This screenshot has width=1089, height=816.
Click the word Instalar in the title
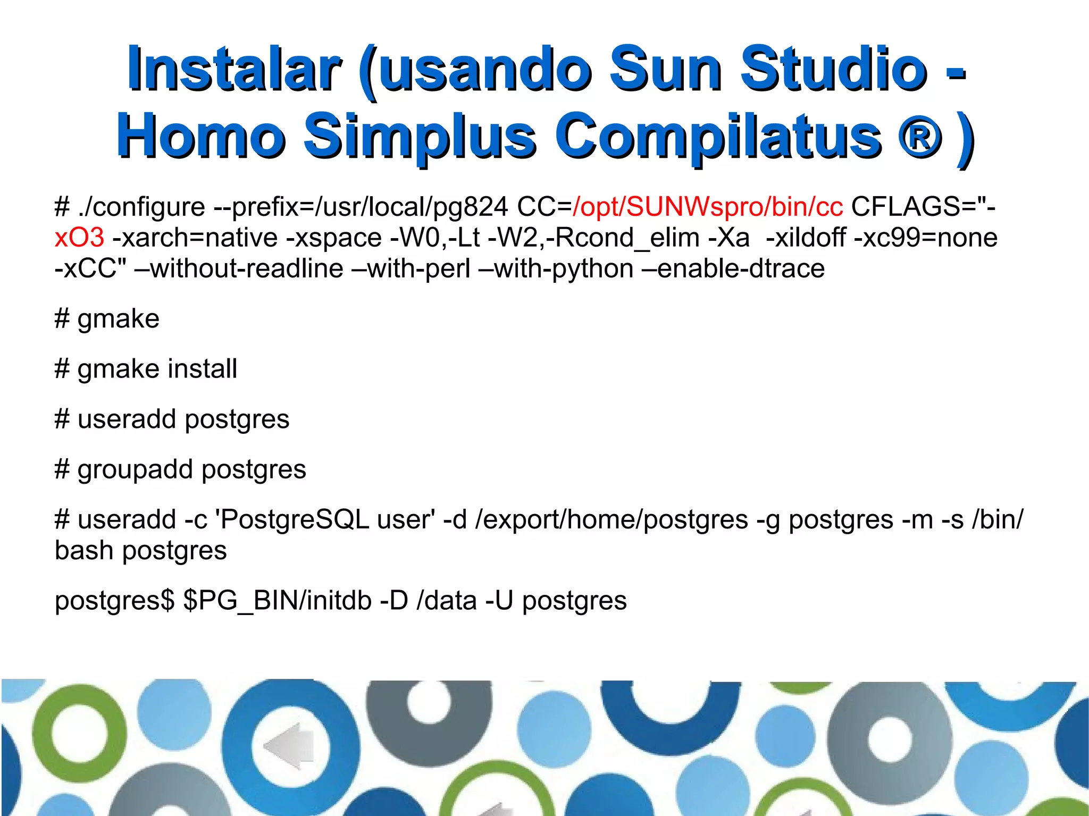coord(234,69)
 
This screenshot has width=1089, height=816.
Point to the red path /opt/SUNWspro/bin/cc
coord(707,207)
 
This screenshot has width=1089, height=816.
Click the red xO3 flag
coord(79,238)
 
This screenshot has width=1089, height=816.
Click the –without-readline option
coord(239,268)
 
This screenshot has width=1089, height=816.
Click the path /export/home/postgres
coord(611,520)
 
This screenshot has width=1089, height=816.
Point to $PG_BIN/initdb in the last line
coord(277,601)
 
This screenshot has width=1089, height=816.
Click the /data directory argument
coord(447,601)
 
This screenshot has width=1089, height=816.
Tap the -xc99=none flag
coord(925,238)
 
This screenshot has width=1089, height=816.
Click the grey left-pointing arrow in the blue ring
coord(290,745)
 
